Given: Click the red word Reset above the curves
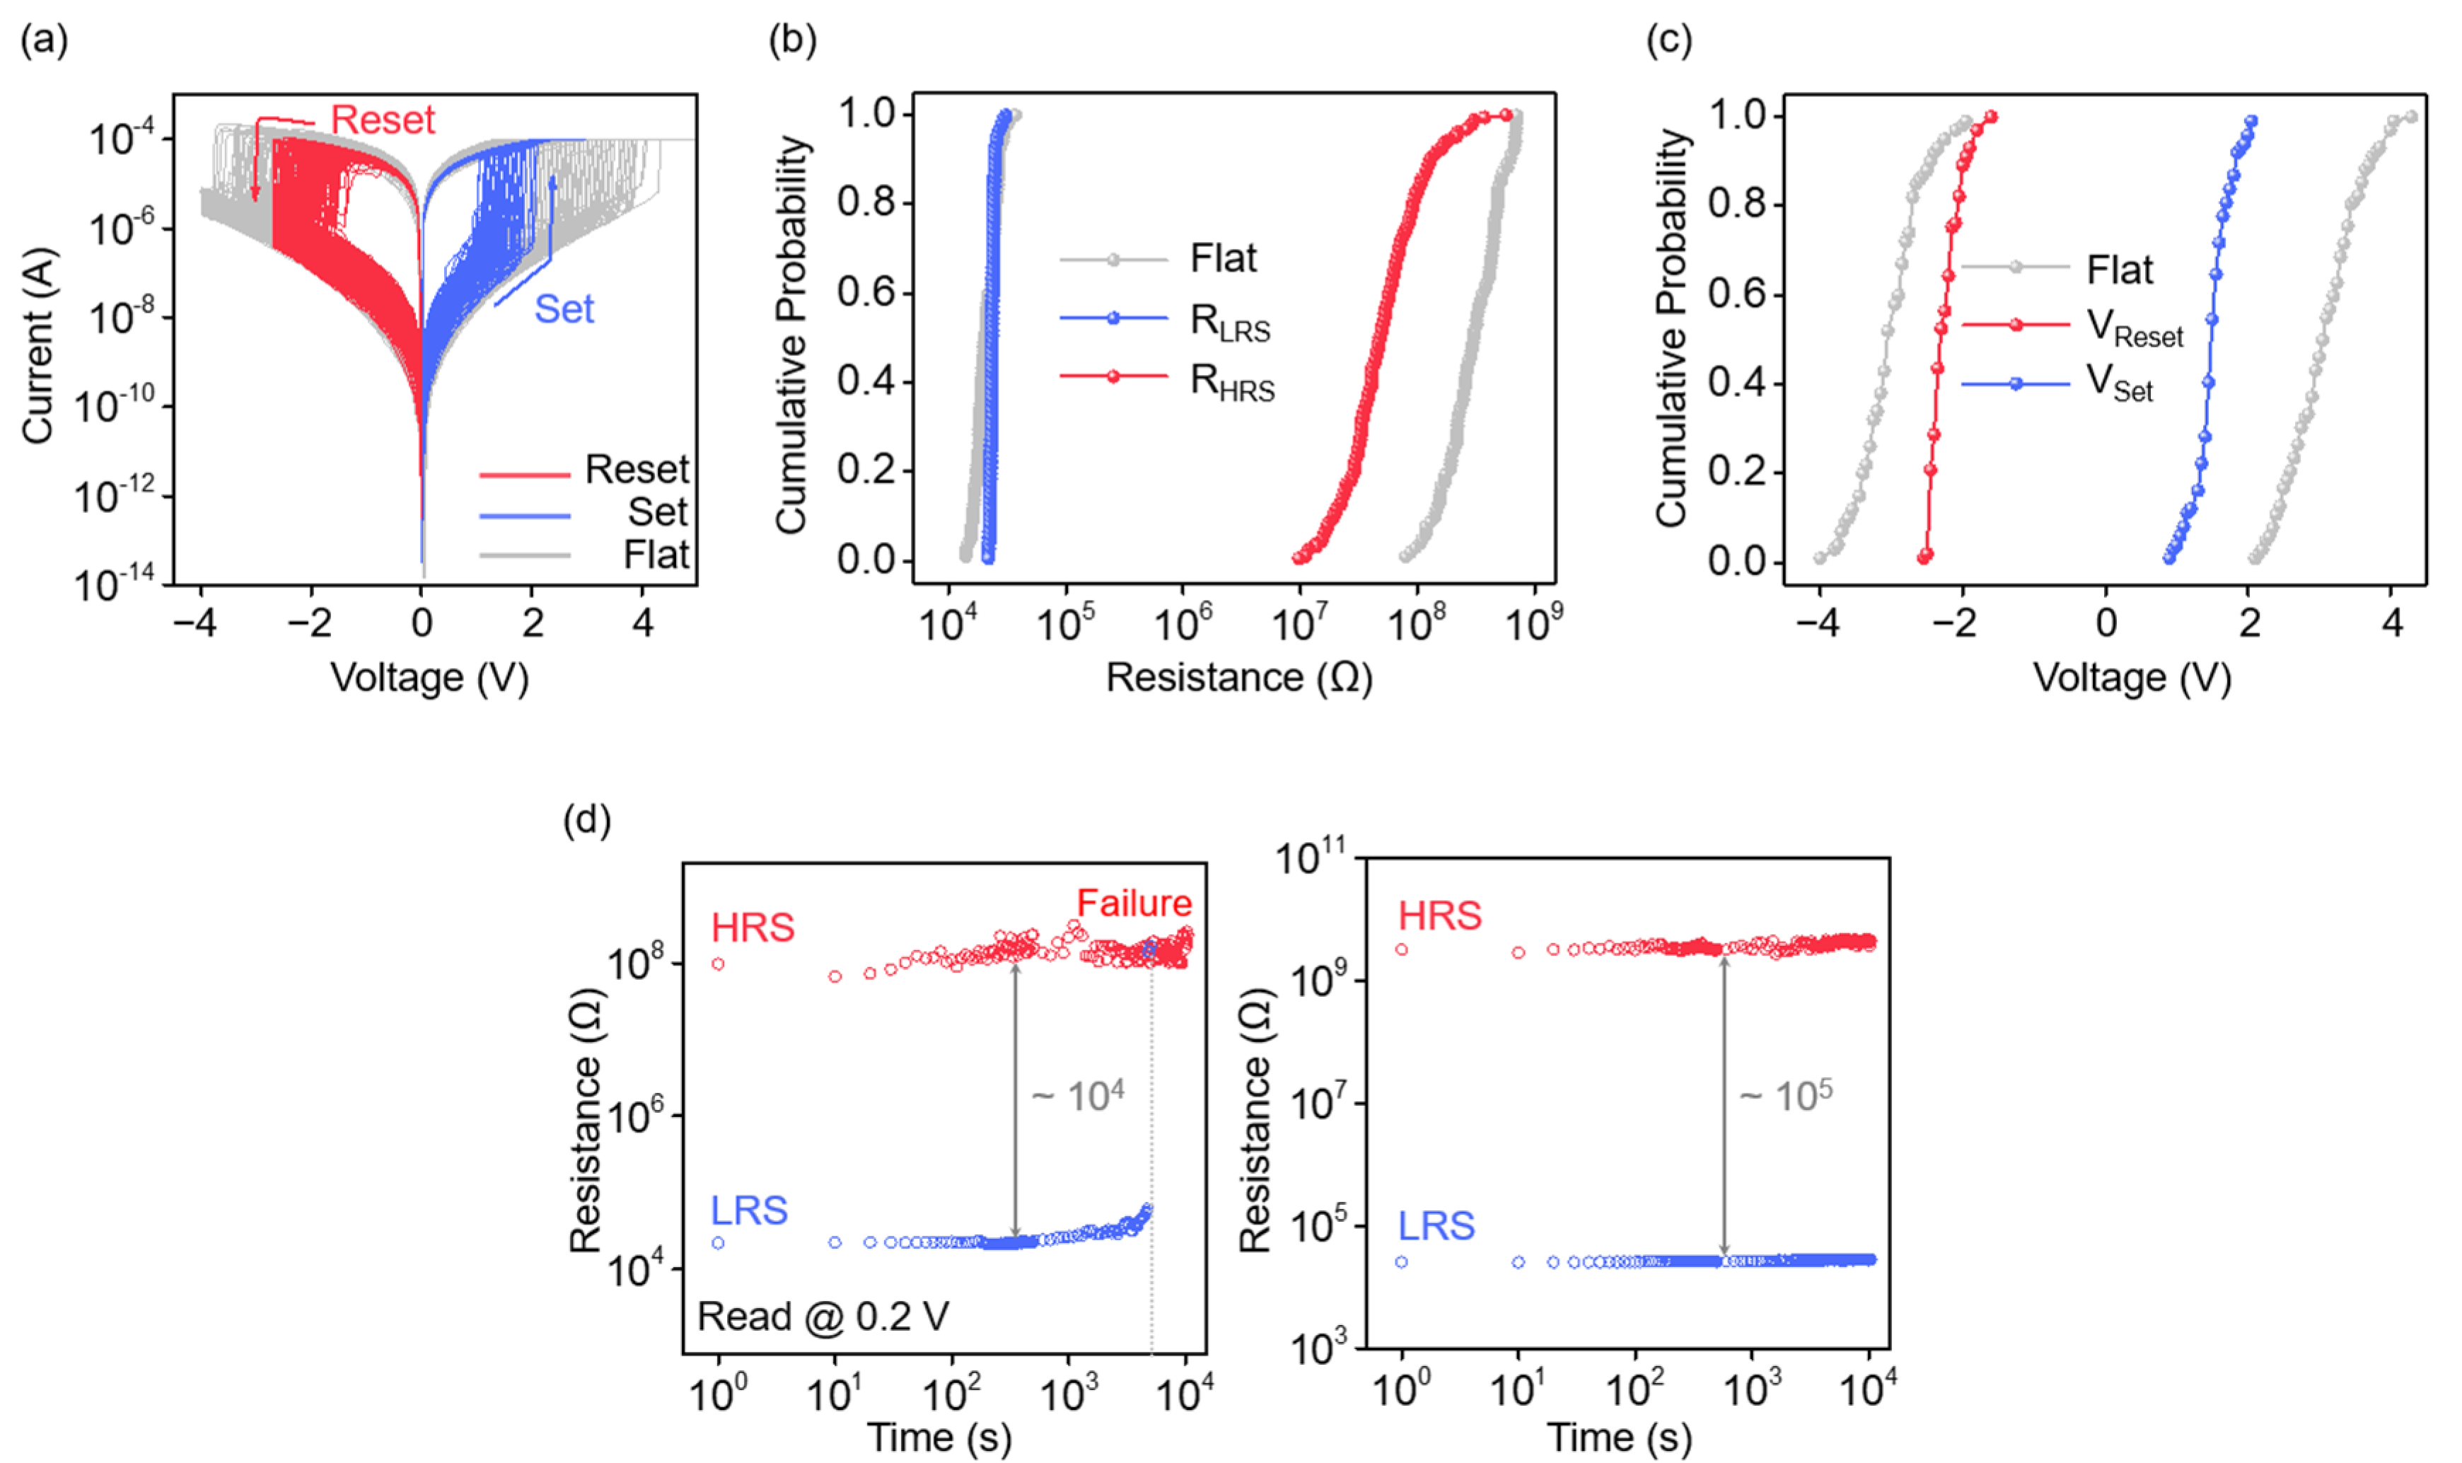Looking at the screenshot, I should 383,120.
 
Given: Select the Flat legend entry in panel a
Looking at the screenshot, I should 656,555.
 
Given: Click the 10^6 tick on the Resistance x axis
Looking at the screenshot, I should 1182,623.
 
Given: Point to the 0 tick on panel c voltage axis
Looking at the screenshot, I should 2106,623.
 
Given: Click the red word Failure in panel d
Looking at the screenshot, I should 1134,902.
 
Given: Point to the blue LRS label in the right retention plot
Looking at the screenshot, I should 1436,1225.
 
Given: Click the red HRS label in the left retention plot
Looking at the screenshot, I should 753,927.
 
